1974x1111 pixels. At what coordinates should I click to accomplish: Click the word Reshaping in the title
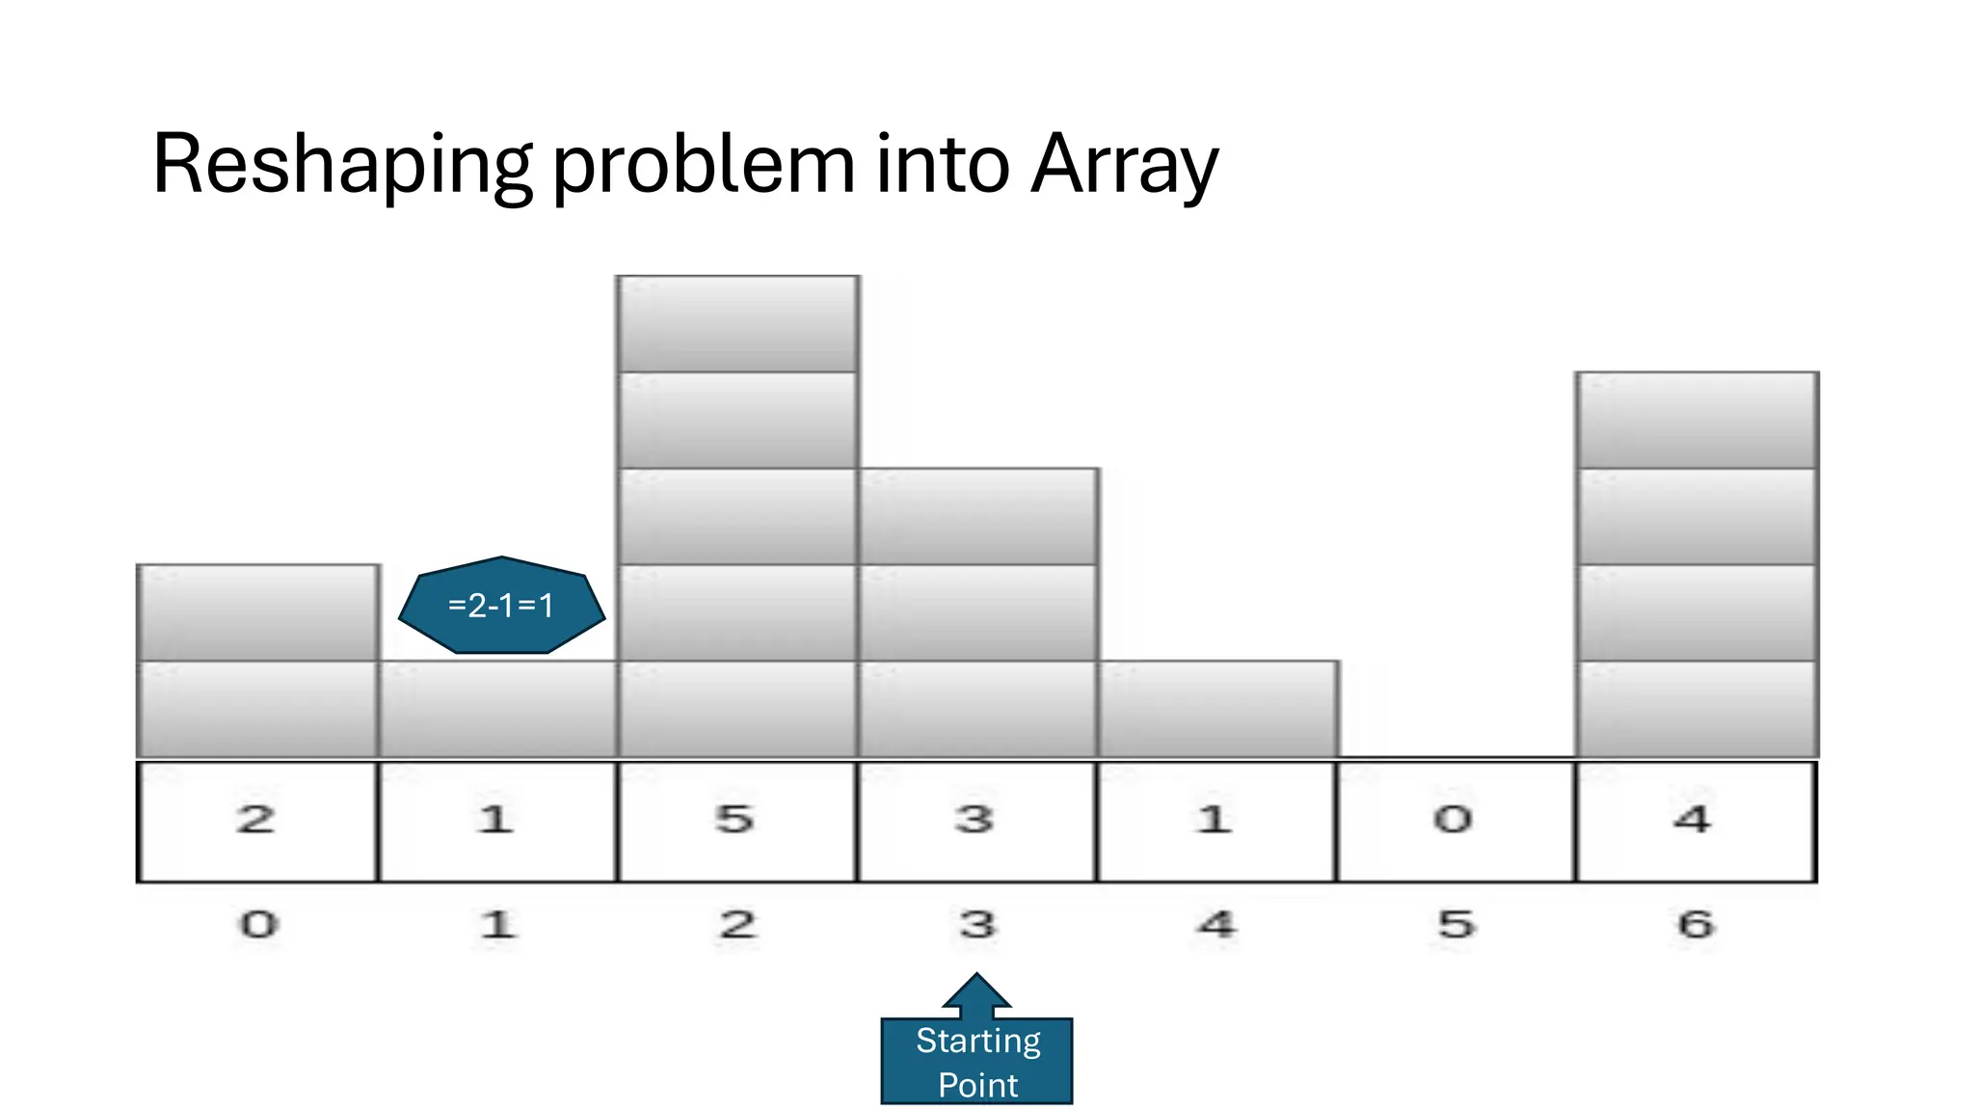click(342, 166)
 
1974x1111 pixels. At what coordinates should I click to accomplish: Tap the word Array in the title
click(1124, 166)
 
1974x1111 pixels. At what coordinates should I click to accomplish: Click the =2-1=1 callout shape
click(501, 606)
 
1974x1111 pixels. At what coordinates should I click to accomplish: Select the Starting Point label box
click(976, 1061)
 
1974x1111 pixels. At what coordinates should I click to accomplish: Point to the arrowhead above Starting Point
click(976, 991)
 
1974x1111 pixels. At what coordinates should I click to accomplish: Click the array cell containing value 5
click(736, 821)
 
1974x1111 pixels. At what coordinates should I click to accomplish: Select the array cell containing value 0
click(1455, 821)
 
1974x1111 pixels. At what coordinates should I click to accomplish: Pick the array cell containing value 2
click(257, 821)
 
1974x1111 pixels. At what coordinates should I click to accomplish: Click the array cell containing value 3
click(976, 821)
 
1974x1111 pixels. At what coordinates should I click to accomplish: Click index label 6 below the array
click(1695, 925)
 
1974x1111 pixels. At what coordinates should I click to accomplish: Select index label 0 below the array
click(258, 925)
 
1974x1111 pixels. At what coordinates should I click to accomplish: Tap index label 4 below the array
click(1216, 925)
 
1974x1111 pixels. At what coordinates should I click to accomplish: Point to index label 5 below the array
click(1455, 925)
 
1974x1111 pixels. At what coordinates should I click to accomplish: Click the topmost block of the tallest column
click(737, 324)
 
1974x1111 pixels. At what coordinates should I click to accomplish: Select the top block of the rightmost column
click(1696, 420)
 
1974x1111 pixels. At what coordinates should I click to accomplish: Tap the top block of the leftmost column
click(257, 613)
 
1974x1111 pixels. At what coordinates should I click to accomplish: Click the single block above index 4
click(1217, 710)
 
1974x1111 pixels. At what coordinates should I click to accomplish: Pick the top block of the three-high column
click(977, 517)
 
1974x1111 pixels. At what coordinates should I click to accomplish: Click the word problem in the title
click(704, 166)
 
